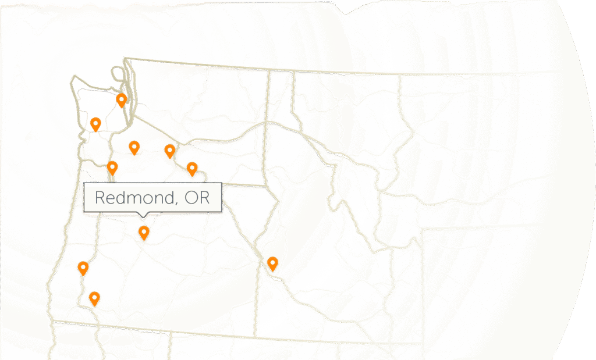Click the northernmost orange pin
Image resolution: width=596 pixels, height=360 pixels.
pyautogui.click(x=121, y=100)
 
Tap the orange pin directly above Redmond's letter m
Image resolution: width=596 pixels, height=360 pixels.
pyautogui.click(x=134, y=148)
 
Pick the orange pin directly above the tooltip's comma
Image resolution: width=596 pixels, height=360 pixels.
pyautogui.click(x=169, y=151)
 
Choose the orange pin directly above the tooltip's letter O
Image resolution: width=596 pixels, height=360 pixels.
pyautogui.click(x=191, y=169)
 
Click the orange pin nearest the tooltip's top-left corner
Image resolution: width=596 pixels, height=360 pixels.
pyautogui.click(x=112, y=168)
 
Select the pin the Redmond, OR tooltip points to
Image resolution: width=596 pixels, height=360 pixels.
pyautogui.click(x=144, y=233)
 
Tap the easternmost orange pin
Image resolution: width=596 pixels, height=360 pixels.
pyautogui.click(x=272, y=263)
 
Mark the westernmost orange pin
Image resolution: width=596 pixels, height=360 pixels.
pyautogui.click(x=83, y=268)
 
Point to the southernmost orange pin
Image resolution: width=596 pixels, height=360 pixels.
pyautogui.click(x=94, y=298)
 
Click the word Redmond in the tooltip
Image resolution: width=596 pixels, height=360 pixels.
pyautogui.click(x=134, y=197)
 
